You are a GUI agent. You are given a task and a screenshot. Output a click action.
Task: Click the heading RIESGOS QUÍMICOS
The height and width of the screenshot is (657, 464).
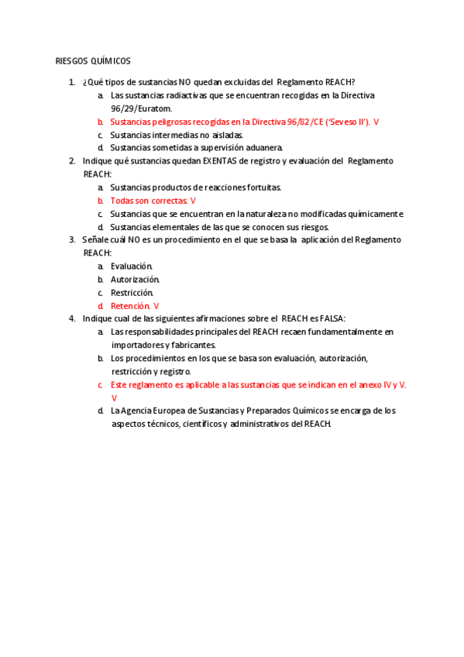click(93, 61)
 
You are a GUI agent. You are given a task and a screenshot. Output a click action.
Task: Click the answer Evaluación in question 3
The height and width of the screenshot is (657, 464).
click(131, 267)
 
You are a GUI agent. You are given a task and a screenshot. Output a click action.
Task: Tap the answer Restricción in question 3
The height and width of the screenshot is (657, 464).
click(132, 293)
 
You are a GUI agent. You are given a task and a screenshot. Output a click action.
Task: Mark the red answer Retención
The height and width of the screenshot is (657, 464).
click(130, 306)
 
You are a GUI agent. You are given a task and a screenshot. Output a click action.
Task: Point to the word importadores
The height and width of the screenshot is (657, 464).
click(136, 345)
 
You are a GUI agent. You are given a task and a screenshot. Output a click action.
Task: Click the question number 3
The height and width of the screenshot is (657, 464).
click(72, 240)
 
